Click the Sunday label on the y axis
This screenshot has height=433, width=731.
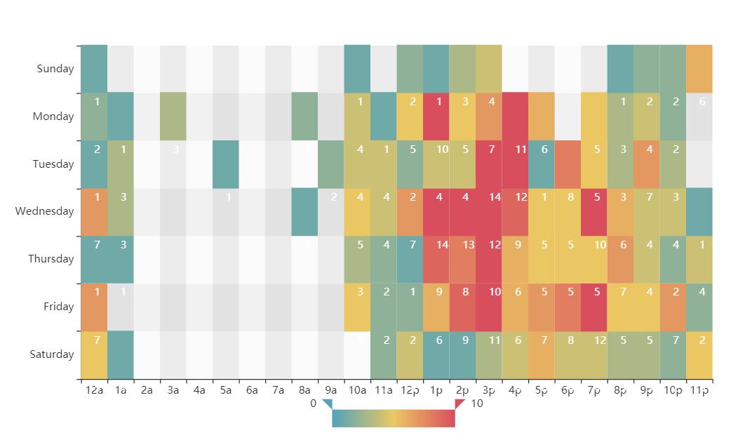click(55, 69)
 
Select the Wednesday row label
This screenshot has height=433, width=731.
click(44, 211)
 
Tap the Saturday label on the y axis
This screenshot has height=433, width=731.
click(52, 354)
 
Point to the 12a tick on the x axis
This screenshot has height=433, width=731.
click(94, 390)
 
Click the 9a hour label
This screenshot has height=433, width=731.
click(330, 390)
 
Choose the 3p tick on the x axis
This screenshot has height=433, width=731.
click(489, 390)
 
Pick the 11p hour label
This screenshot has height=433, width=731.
click(699, 390)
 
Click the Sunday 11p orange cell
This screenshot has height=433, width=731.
click(699, 69)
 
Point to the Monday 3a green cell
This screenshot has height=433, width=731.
click(173, 116)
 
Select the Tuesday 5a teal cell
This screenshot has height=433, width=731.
click(226, 164)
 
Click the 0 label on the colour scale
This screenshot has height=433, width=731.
click(314, 404)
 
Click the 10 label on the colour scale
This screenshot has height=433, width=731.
click(477, 404)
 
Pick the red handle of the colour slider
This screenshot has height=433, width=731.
click(460, 404)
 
